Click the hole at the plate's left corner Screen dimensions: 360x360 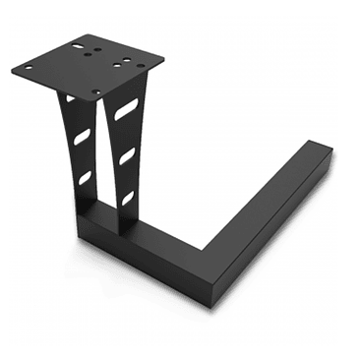tap(27, 68)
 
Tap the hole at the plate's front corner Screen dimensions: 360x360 tap(96, 92)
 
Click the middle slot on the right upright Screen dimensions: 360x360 tap(127, 156)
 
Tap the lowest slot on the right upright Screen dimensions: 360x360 tap(126, 197)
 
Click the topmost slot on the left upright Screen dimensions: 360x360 tap(69, 99)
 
